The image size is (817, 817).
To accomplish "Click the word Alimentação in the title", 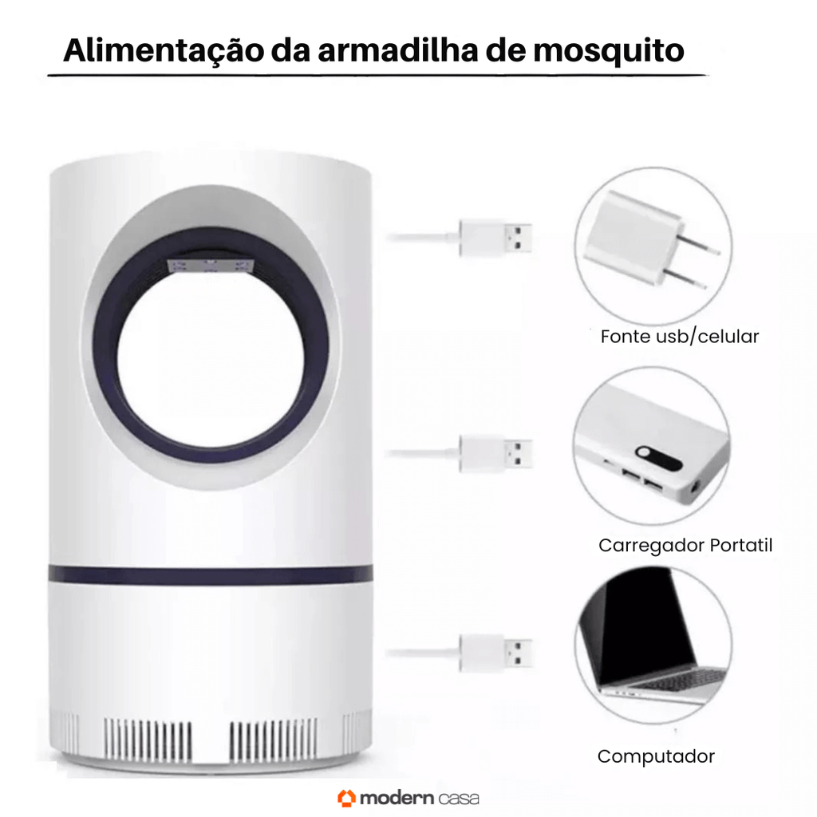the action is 163,50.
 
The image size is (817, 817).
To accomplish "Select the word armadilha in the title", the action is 397,50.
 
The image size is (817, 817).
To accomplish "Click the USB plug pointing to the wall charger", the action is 495,238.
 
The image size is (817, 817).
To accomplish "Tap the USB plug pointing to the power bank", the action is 495,454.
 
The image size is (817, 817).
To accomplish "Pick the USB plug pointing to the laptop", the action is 495,653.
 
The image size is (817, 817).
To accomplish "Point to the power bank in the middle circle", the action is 651,448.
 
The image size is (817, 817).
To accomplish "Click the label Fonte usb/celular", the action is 680,337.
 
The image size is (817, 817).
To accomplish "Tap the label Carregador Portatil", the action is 685,546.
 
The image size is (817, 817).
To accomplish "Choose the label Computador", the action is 656,756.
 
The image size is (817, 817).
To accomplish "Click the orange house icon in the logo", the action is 346,798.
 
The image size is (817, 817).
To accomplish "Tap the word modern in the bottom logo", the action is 397,798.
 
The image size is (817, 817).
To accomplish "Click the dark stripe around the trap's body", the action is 211,574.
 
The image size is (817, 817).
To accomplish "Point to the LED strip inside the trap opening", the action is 211,266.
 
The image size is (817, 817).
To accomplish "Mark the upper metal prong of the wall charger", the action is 701,246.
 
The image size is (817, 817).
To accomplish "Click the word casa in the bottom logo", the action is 458,799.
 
